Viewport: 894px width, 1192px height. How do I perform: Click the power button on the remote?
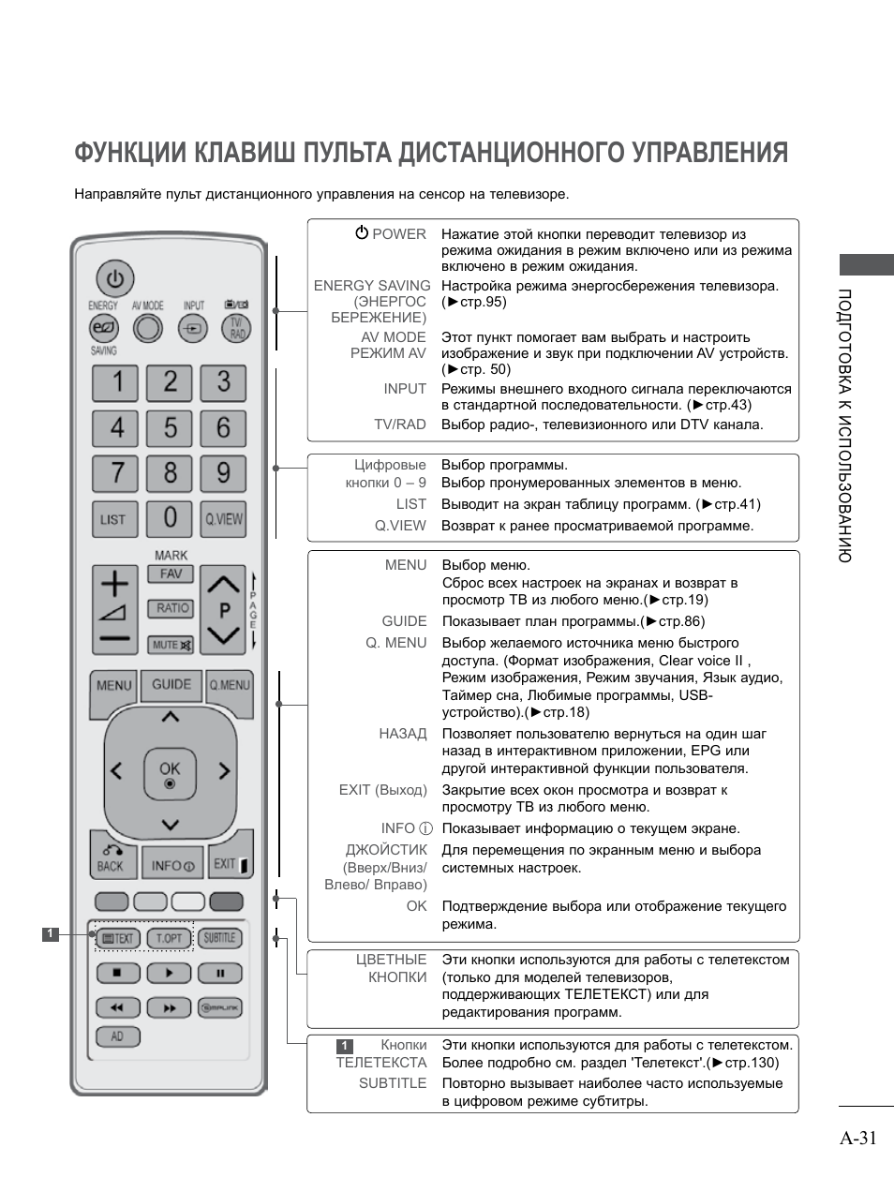click(x=114, y=279)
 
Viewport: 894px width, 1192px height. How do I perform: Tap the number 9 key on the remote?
click(x=223, y=472)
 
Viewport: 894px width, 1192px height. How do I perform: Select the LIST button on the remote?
click(x=113, y=519)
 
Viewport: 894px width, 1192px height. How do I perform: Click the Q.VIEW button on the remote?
click(x=224, y=519)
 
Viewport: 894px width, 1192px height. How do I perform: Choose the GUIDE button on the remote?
click(x=171, y=685)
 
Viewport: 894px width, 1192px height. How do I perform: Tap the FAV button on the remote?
click(x=171, y=574)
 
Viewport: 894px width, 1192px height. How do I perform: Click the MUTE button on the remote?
click(x=171, y=645)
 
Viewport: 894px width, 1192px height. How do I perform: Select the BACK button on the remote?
click(x=112, y=858)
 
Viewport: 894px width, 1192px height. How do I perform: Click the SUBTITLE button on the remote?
click(x=220, y=938)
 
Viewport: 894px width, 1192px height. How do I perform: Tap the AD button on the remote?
click(x=117, y=1036)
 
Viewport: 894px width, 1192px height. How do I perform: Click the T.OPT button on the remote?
click(x=169, y=938)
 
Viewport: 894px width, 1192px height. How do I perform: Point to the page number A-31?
click(x=857, y=1138)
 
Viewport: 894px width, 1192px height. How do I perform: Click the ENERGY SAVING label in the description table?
click(x=372, y=286)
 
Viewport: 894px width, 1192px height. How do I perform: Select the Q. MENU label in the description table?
click(x=395, y=643)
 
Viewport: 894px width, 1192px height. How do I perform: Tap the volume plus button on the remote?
click(x=114, y=585)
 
